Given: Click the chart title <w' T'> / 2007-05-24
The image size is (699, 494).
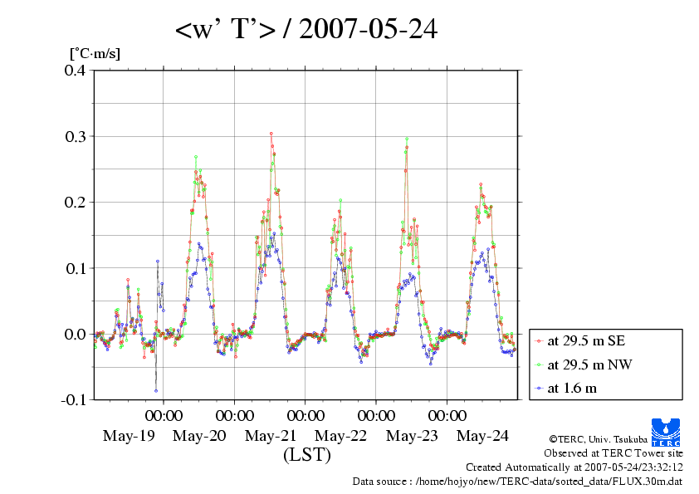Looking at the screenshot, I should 306,30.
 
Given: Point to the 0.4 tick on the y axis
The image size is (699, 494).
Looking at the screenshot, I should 75,70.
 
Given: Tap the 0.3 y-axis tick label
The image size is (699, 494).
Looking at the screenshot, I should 75,135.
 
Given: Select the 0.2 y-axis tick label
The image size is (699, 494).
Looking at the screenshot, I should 75,202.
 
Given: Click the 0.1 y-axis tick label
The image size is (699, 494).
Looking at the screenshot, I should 75,267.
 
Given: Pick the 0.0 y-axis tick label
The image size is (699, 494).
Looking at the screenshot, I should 75,334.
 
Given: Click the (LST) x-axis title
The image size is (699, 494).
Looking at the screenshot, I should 306,455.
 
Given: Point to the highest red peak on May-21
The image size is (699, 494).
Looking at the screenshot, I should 271,133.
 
